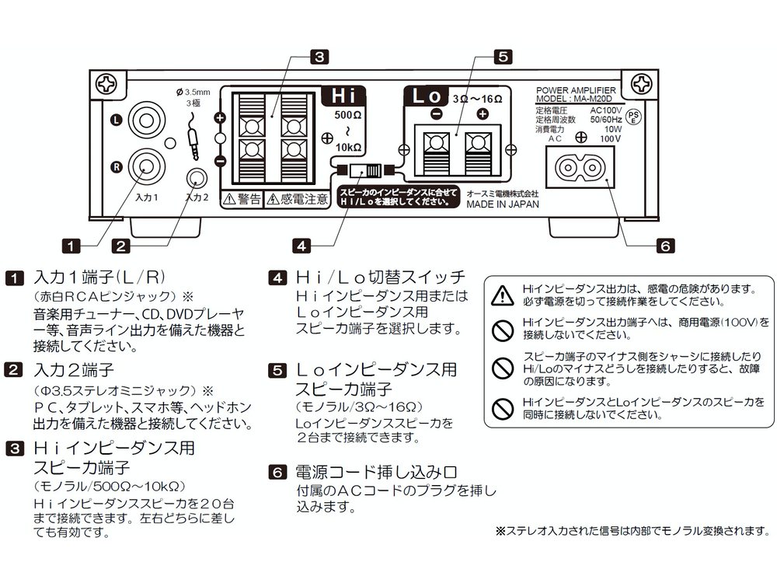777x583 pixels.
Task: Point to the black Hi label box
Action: click(x=343, y=97)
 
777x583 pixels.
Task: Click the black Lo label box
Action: click(x=427, y=97)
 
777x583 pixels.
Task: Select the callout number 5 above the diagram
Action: click(x=503, y=56)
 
